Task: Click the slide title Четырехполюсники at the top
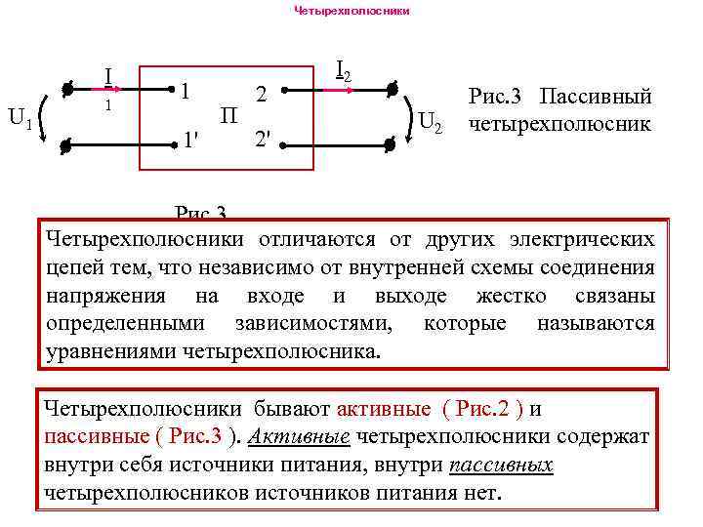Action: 351,12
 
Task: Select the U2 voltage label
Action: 431,123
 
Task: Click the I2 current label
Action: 343,70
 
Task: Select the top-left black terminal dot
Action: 65,90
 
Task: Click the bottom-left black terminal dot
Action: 64,147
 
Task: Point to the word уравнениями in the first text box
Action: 111,350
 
